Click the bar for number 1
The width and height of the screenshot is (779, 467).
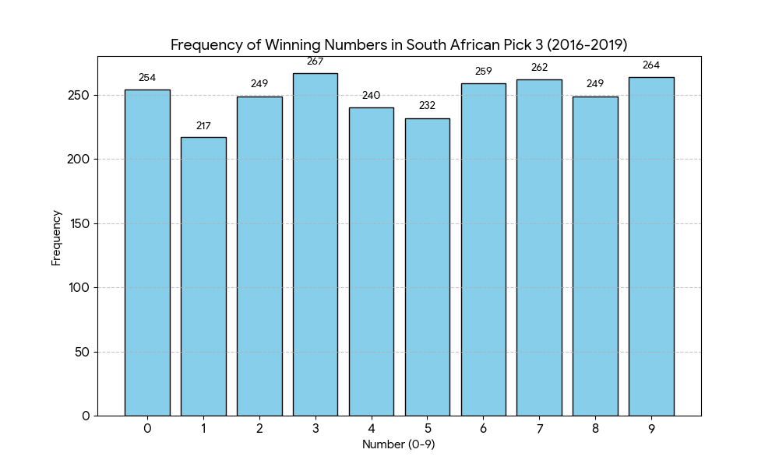pyautogui.click(x=203, y=276)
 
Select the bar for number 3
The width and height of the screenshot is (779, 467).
pyautogui.click(x=315, y=244)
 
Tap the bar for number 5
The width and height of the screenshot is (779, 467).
pyautogui.click(x=427, y=267)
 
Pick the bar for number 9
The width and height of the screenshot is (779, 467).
pyautogui.click(x=651, y=246)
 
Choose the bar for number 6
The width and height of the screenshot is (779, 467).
pyautogui.click(x=483, y=249)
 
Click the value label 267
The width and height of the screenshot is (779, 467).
pyautogui.click(x=315, y=61)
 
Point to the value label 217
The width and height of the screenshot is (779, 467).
pyautogui.click(x=203, y=125)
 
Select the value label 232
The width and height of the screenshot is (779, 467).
pyautogui.click(x=427, y=106)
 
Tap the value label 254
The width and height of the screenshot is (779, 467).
pyautogui.click(x=147, y=78)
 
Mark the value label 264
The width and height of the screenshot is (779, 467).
pyautogui.click(x=651, y=65)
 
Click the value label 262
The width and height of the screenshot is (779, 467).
pyautogui.click(x=539, y=68)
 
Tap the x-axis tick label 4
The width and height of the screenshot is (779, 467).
pyautogui.click(x=372, y=427)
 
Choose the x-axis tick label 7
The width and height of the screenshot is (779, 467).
pyautogui.click(x=539, y=427)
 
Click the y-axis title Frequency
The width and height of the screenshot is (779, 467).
pyautogui.click(x=56, y=237)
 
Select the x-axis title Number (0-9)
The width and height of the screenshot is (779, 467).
pyautogui.click(x=399, y=444)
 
